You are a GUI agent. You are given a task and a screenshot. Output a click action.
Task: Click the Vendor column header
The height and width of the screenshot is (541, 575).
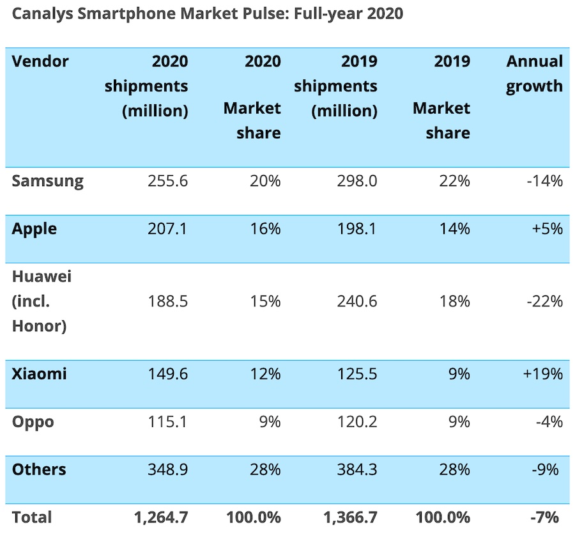(40, 62)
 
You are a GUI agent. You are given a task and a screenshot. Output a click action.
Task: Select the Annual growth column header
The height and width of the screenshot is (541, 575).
(535, 74)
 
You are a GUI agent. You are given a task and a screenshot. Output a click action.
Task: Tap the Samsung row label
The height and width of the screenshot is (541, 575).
(47, 181)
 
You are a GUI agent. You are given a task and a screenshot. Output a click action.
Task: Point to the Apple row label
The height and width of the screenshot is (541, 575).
(34, 229)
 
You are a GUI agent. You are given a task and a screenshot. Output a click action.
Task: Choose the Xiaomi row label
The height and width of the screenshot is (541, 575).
(39, 374)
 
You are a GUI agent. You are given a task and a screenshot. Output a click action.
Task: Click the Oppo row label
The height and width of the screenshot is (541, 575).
(33, 422)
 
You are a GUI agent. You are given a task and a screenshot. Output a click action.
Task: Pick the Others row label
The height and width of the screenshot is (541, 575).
(38, 470)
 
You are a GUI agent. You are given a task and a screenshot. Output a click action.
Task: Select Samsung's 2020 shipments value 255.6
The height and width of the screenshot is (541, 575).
(167, 182)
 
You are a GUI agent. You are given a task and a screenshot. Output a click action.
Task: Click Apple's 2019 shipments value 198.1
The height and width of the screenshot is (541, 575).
(356, 229)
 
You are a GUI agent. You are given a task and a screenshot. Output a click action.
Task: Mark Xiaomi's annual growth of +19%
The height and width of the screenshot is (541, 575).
(542, 374)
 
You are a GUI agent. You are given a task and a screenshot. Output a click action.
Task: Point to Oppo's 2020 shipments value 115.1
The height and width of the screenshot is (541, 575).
(167, 422)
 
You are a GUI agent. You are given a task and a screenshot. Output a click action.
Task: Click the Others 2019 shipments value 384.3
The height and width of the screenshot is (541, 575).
(356, 470)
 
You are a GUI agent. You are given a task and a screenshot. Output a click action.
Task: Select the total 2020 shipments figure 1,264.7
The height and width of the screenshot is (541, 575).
(161, 517)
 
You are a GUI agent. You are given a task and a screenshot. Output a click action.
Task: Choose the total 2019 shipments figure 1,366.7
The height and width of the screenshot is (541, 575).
(350, 517)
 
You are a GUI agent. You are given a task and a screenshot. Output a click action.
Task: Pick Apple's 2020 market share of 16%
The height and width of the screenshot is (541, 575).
(265, 229)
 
